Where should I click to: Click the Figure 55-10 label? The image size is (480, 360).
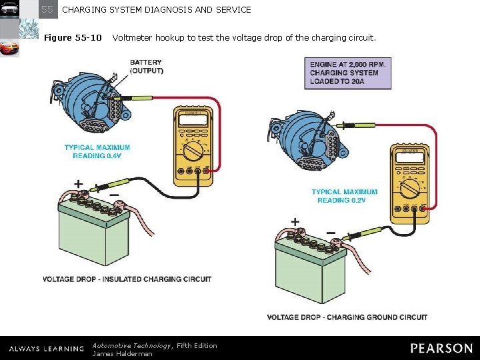[x=73, y=37]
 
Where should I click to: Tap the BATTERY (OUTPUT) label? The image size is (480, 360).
[x=146, y=67]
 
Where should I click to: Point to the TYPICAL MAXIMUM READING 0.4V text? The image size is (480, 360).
[x=97, y=151]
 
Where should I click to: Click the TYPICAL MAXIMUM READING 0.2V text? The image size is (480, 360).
[x=344, y=196]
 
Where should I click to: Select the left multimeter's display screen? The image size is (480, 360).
[x=193, y=119]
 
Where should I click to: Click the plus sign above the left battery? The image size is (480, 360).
[x=79, y=183]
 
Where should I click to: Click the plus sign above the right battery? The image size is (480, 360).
[x=295, y=222]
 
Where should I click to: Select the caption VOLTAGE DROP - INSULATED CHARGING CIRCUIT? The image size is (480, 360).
[x=127, y=279]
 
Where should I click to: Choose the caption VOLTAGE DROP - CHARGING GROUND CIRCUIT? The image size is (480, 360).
[x=347, y=317]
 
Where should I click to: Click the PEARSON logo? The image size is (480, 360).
[x=441, y=348]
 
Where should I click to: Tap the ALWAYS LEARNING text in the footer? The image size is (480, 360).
[x=46, y=349]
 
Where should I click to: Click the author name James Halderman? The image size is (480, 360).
[x=122, y=353]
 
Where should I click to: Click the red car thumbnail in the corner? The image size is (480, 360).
[x=9, y=48]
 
